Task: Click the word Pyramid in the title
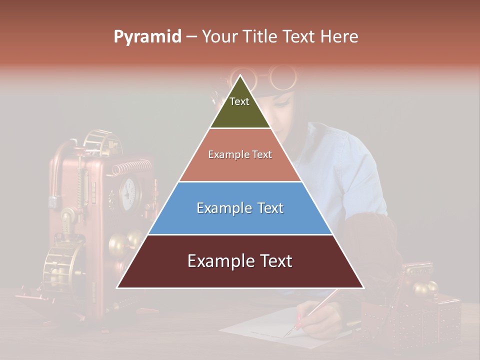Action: click(147, 37)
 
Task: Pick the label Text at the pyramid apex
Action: click(239, 101)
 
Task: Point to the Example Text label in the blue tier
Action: click(240, 208)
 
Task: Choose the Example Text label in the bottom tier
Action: click(240, 261)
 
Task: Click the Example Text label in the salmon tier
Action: click(240, 154)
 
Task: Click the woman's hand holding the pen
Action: click(320, 322)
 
